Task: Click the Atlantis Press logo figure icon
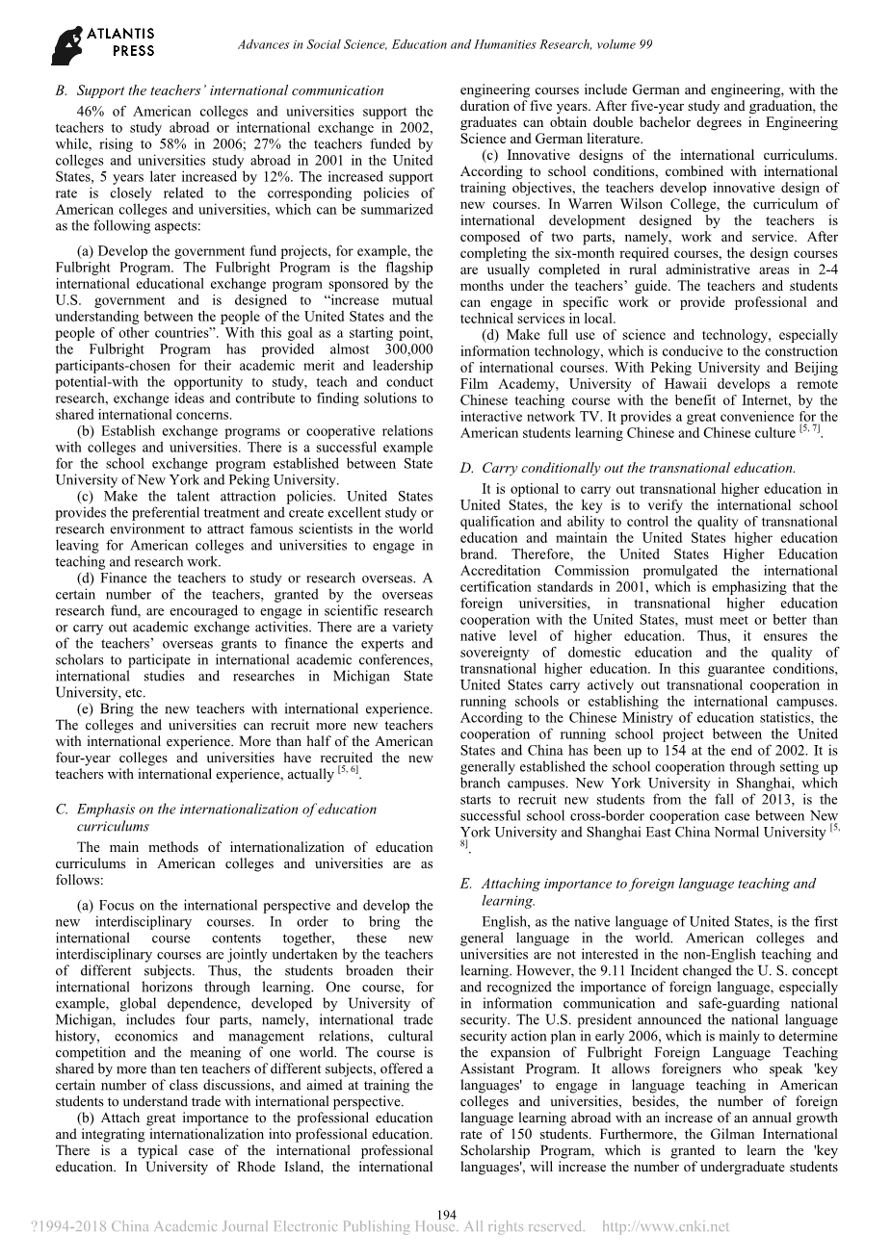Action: click(68, 44)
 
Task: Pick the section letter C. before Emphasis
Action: click(63, 810)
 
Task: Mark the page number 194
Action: click(446, 1215)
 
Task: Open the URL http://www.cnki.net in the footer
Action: click(666, 1227)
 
